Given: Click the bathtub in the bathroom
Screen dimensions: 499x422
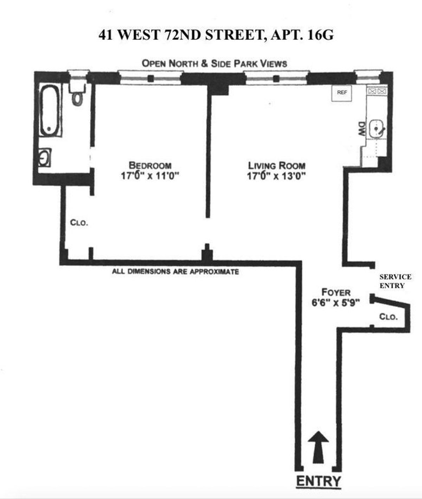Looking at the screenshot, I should pos(50,110).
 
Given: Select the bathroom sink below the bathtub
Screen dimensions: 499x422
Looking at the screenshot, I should pos(45,157).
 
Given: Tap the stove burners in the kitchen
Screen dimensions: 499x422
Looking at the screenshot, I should pos(377,91).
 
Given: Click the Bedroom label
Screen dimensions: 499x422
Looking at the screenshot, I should pos(150,165).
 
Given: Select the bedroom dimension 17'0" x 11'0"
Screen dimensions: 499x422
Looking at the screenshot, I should pos(150,176).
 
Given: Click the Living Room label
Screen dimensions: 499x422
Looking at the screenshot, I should pos(276,165).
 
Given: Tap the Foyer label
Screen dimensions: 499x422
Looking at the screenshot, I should pos(336,292).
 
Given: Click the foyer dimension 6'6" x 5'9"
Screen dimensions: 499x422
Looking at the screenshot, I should pos(337,303).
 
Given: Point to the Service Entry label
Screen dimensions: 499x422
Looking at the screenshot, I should pos(395,281).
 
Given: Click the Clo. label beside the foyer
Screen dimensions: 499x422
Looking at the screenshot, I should pos(388,317).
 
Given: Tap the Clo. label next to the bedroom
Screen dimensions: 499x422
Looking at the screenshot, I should pos(79,223).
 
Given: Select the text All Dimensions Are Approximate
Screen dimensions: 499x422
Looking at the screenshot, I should pos(175,272).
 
